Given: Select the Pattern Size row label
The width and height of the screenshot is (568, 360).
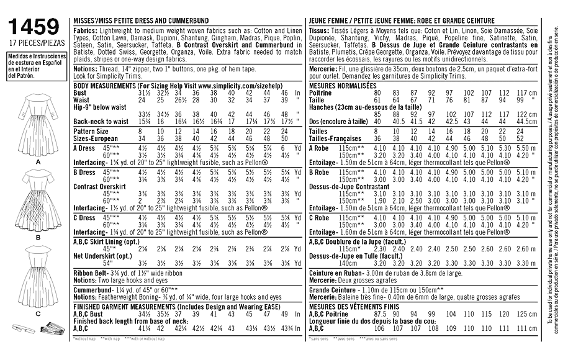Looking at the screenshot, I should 91,132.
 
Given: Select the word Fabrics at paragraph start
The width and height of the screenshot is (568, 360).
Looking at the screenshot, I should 86,30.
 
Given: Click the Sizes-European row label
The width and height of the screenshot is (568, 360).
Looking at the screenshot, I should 96,139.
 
